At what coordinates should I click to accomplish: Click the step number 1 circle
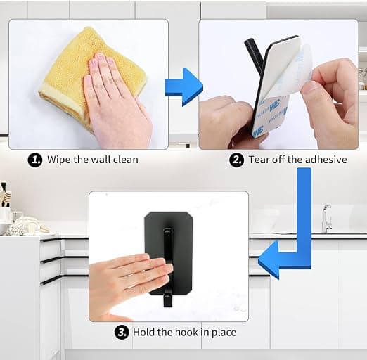(x=35, y=160)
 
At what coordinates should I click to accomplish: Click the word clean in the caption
(x=126, y=160)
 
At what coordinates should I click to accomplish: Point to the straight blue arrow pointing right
(x=183, y=86)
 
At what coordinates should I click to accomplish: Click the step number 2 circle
(x=236, y=160)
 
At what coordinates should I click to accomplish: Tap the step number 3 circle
(x=122, y=332)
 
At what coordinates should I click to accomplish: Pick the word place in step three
(x=224, y=333)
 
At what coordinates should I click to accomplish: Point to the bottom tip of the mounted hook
(x=167, y=307)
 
